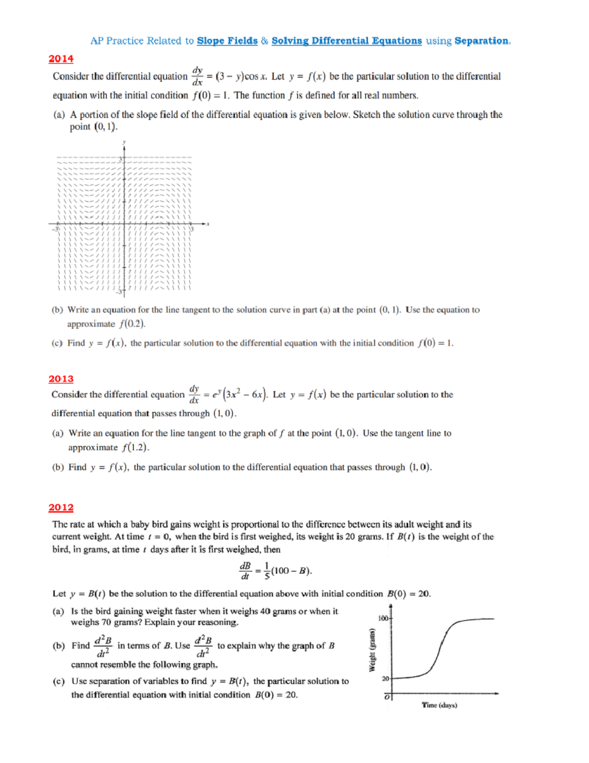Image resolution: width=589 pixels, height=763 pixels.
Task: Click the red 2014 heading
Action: pyautogui.click(x=61, y=59)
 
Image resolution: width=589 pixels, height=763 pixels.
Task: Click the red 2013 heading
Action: pyautogui.click(x=61, y=379)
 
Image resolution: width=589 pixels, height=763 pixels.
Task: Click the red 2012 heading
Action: pyautogui.click(x=61, y=508)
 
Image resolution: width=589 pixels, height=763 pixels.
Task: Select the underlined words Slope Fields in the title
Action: pyautogui.click(x=227, y=41)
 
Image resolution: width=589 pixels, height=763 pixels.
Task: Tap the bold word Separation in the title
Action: pyautogui.click(x=482, y=41)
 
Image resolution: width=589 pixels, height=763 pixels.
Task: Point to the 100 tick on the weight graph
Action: pyautogui.click(x=383, y=618)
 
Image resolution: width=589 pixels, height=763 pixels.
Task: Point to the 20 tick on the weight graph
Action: pyautogui.click(x=385, y=678)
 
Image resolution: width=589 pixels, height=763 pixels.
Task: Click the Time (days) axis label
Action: pyautogui.click(x=439, y=705)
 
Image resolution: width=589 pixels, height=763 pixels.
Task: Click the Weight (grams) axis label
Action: pyautogui.click(x=372, y=650)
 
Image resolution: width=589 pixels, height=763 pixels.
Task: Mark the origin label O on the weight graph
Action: pyautogui.click(x=387, y=697)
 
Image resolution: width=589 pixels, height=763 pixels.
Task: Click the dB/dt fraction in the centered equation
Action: pyautogui.click(x=245, y=571)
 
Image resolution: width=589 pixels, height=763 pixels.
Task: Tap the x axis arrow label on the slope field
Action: pyautogui.click(x=208, y=224)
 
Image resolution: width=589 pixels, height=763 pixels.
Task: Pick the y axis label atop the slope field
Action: pyautogui.click(x=124, y=142)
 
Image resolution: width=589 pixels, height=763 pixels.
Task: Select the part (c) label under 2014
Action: pyautogui.click(x=57, y=343)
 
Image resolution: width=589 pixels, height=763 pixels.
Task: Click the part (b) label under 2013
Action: pyautogui.click(x=58, y=467)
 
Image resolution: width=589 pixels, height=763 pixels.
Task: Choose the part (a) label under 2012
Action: pyautogui.click(x=58, y=611)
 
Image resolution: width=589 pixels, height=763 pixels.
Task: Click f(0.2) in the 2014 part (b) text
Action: pyautogui.click(x=132, y=324)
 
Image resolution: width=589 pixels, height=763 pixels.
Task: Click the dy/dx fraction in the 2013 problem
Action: pyautogui.click(x=194, y=395)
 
